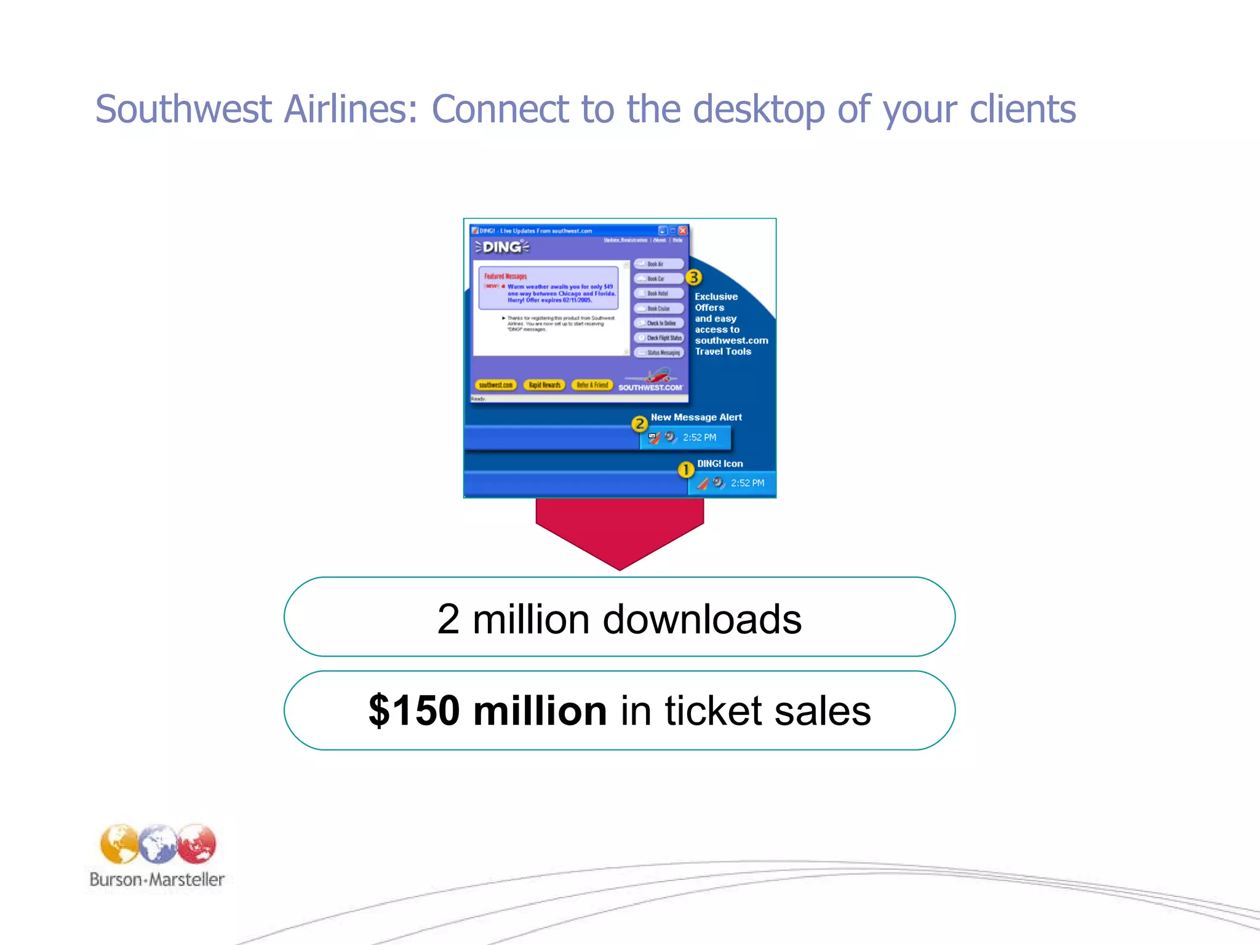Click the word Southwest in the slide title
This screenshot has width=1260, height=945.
click(x=183, y=110)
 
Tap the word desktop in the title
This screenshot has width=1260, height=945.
click(x=758, y=110)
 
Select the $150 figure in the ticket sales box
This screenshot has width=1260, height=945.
click(x=414, y=711)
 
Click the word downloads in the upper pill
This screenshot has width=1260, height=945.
click(x=702, y=619)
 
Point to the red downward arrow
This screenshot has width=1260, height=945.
click(x=620, y=530)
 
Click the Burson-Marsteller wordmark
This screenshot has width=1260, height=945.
click(x=157, y=880)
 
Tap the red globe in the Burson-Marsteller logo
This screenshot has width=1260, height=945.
click(x=197, y=843)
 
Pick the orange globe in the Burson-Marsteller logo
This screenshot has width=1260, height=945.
click(x=119, y=843)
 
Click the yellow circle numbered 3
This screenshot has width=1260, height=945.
click(x=693, y=277)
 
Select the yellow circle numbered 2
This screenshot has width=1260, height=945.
click(x=639, y=423)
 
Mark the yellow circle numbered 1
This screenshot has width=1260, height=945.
click(x=685, y=470)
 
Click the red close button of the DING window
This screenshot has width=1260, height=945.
click(x=682, y=231)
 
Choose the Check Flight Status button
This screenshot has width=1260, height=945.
click(x=660, y=338)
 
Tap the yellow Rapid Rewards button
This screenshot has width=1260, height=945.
click(x=544, y=385)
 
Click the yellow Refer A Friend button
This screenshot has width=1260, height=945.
click(x=592, y=385)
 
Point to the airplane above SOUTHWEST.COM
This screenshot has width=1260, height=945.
click(x=658, y=374)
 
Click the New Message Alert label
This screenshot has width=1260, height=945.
click(x=696, y=417)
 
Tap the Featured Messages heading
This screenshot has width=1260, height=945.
click(x=505, y=276)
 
